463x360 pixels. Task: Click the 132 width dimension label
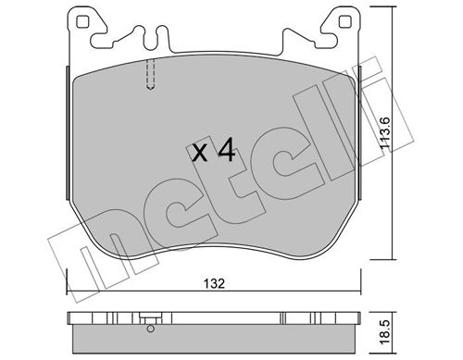coord(214,283)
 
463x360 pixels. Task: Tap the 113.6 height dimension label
coord(385,134)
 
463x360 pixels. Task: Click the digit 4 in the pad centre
coord(227,150)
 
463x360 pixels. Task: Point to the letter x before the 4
coord(200,154)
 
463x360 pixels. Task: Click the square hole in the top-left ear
coord(81,21)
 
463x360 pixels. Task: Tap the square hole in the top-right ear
coord(344,21)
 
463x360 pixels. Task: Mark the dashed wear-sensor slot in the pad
coord(150,74)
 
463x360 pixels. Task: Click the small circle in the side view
coord(151,329)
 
